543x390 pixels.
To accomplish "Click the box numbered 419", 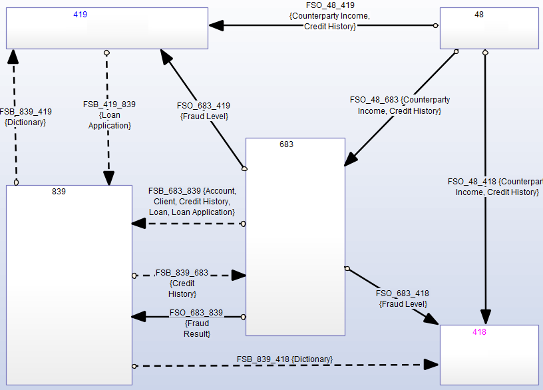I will click(107, 30).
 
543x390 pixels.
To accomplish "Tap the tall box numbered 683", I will click(295, 236).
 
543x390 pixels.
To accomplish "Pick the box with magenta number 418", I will click(489, 355).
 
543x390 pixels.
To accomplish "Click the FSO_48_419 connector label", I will click(330, 15).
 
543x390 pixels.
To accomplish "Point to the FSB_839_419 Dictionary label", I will click(25, 117).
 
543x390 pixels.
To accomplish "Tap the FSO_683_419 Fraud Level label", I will click(204, 110).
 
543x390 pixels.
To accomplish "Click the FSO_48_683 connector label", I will click(400, 105).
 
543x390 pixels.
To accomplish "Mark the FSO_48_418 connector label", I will click(496, 186).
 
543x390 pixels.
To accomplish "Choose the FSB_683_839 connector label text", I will click(192, 201).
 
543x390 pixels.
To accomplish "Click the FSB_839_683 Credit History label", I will click(182, 283).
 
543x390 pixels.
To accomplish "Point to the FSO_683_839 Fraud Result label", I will click(196, 323).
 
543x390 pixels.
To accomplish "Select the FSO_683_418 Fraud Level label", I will click(402, 298).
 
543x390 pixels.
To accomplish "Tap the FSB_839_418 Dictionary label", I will click(285, 359).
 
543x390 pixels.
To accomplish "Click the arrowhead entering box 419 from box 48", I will click(216, 25).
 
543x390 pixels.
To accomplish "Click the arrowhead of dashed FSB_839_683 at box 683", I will click(238, 275).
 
